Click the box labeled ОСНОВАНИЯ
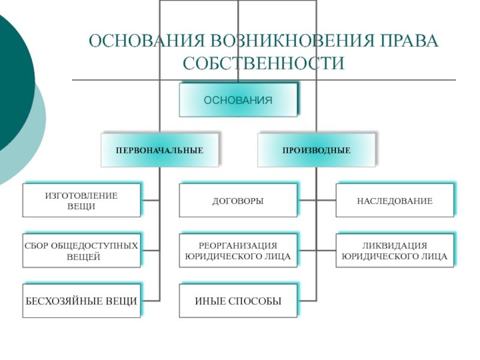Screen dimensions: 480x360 (238, 100)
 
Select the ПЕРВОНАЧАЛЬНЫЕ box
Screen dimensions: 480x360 (160, 150)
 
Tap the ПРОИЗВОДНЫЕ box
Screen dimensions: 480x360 (317, 150)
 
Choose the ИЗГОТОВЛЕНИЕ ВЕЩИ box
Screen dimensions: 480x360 (82, 200)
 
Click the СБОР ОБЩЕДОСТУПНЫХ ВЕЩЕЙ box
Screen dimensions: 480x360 (82, 251)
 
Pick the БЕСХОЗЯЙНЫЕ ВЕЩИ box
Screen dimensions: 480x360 (82, 301)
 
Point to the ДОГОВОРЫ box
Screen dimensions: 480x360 (238, 200)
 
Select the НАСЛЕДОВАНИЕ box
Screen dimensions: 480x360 (395, 200)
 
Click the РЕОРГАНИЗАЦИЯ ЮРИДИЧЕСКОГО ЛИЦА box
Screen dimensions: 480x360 (238, 251)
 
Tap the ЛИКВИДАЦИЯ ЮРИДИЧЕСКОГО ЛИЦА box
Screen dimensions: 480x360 (395, 251)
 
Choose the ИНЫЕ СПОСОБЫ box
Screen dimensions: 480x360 (238, 301)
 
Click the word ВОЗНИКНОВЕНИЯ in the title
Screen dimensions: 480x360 (292, 40)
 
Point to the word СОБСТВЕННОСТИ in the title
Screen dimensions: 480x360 (263, 63)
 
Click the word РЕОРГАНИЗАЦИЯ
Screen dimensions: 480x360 (238, 245)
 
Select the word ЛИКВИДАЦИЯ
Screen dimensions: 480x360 (395, 245)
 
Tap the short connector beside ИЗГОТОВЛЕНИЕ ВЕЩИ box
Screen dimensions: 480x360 (151, 200)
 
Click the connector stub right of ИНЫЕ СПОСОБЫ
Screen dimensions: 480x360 (307, 301)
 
